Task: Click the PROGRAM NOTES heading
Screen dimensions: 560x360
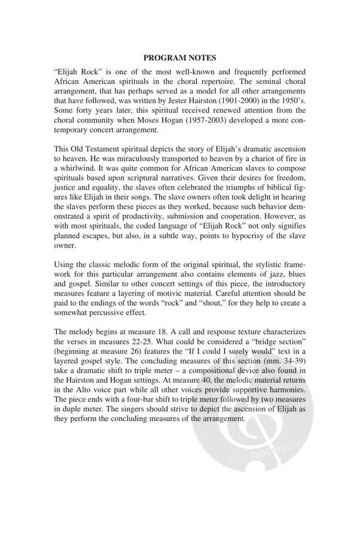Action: coord(180,58)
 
